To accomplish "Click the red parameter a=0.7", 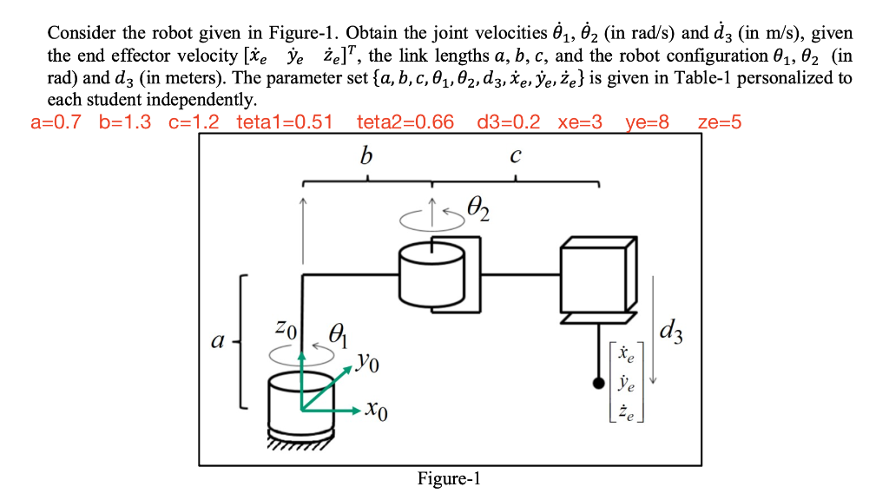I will pos(56,122).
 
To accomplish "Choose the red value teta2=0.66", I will pos(405,122).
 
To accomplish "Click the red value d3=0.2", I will pos(509,122).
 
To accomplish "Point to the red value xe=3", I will pos(580,122).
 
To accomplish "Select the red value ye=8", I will pos(648,122).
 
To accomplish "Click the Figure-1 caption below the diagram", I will pos(448,478).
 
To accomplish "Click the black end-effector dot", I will pos(597,383).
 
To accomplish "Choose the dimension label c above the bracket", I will pos(516,155).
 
